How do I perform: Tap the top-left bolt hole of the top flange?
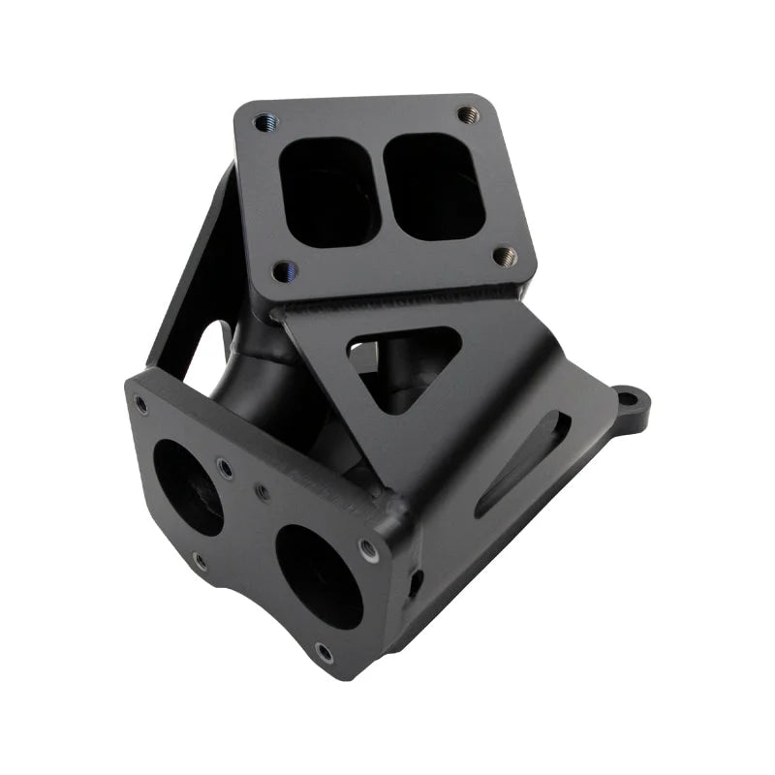coord(262,122)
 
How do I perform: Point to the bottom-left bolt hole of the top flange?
coord(282,271)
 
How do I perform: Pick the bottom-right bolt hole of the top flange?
coord(504,256)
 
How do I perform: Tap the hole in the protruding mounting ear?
coord(629,398)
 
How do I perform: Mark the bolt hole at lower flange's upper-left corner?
coord(142,406)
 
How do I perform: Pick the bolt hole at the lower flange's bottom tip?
coord(325,652)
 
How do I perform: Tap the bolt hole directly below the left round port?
coord(200,560)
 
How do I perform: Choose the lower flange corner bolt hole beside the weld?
coord(368,549)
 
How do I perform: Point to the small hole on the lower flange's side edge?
coord(418,582)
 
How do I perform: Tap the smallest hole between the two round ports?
coord(263,492)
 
